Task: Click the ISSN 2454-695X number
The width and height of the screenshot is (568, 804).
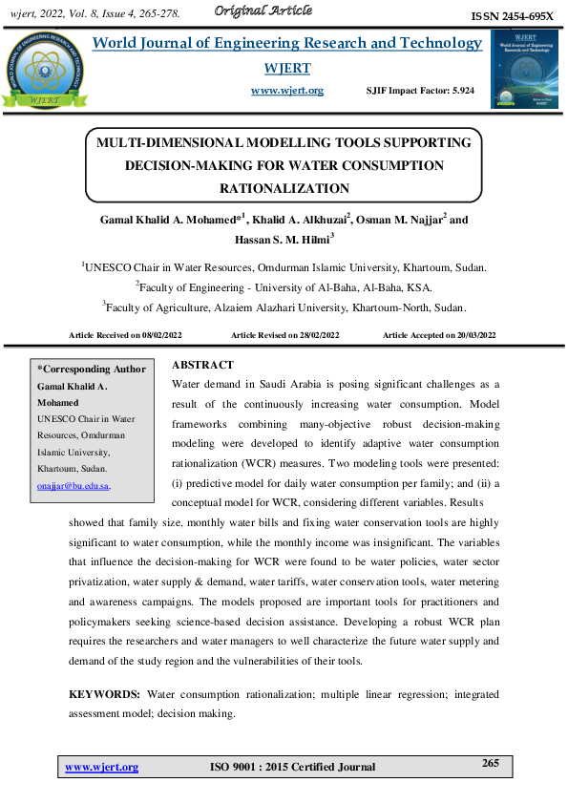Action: (513, 17)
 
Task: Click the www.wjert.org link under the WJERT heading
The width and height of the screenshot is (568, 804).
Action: (286, 91)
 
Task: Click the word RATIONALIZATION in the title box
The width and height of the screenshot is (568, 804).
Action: (284, 188)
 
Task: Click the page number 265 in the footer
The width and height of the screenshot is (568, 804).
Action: (491, 763)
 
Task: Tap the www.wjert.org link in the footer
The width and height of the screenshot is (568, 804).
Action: (101, 767)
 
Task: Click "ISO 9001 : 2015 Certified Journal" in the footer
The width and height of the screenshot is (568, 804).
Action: (291, 767)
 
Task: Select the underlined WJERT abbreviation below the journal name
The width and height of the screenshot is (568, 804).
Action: (286, 69)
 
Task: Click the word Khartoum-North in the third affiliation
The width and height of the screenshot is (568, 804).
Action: (394, 307)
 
